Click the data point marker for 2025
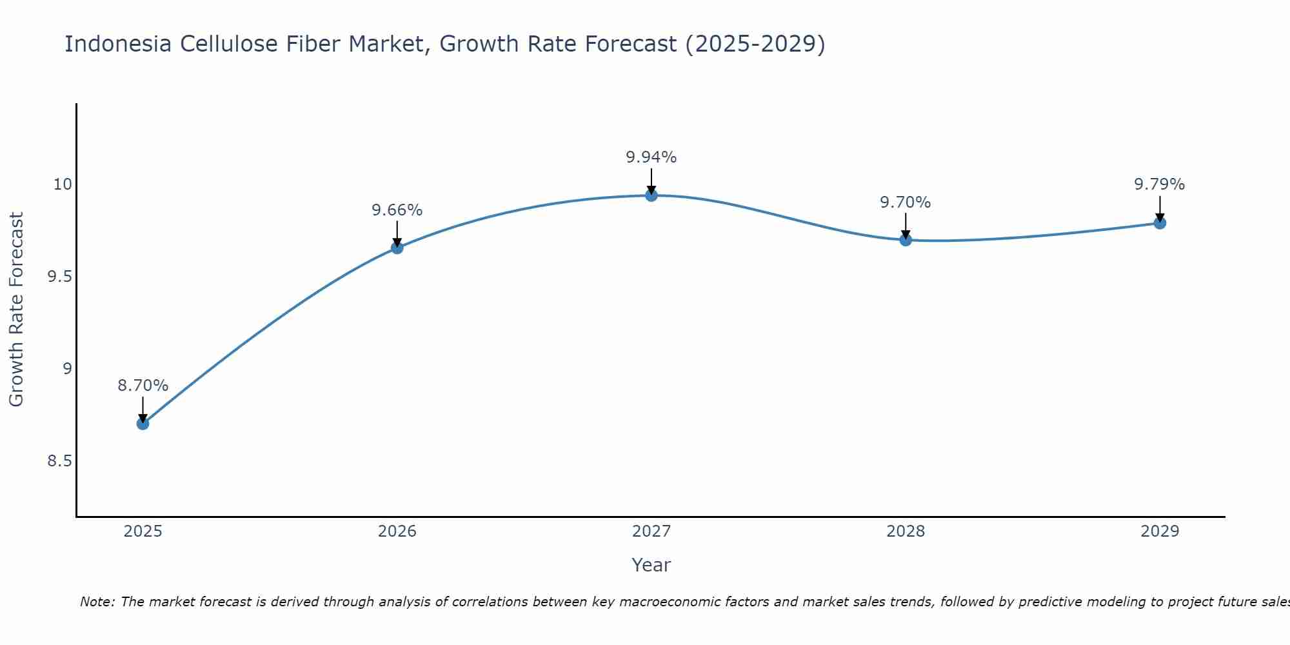pos(143,424)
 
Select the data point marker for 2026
pos(397,248)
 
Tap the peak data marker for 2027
pos(651,195)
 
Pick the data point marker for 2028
pos(906,240)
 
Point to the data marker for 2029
pos(1160,223)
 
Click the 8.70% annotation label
pos(143,386)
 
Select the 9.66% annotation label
pos(397,210)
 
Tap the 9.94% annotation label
pos(651,157)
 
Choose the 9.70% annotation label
pos(906,203)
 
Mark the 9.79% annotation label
pos(1160,184)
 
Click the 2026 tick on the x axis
pos(397,531)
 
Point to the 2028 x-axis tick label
pos(906,531)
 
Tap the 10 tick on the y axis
pos(63,184)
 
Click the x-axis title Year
pos(651,565)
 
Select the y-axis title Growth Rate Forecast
pos(16,310)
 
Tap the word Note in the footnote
pos(97,602)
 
